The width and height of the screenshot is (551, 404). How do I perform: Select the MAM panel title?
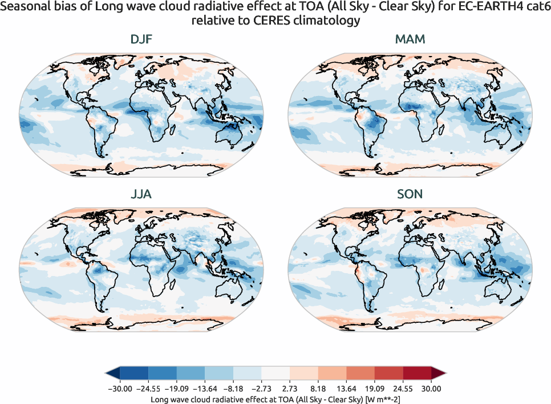410,40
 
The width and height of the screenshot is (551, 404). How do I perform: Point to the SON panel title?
410,194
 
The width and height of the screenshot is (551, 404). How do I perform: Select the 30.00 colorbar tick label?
431,389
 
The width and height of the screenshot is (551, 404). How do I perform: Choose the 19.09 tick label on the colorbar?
375,389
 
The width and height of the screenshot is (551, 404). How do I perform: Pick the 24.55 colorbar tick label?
403,389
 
